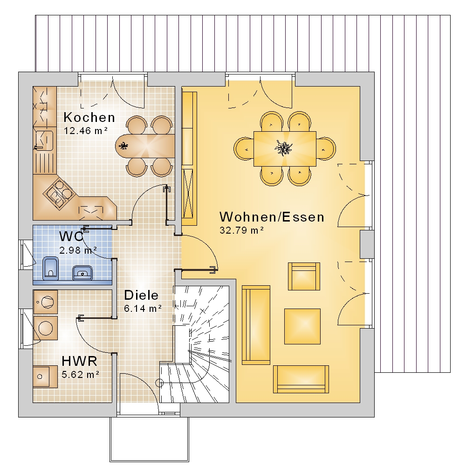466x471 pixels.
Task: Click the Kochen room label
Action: click(89, 117)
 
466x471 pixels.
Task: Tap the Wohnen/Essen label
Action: click(272, 217)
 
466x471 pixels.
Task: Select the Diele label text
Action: click(141, 295)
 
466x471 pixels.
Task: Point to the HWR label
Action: click(79, 361)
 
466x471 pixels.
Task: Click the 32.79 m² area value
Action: click(242, 230)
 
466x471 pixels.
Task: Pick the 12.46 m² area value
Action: click(86, 131)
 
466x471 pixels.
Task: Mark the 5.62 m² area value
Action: click(81, 375)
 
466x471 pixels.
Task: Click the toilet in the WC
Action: click(50, 268)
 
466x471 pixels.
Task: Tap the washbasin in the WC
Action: click(82, 273)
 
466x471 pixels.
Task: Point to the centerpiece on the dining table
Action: click(283, 148)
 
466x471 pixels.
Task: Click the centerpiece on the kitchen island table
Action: click(123, 146)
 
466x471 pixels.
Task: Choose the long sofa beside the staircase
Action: click(256, 325)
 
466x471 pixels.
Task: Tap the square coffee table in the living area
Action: click(302, 326)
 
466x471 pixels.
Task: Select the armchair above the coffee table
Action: click(304, 276)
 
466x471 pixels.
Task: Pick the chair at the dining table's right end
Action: click(326, 148)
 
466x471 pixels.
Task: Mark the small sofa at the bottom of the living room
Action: click(301, 379)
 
